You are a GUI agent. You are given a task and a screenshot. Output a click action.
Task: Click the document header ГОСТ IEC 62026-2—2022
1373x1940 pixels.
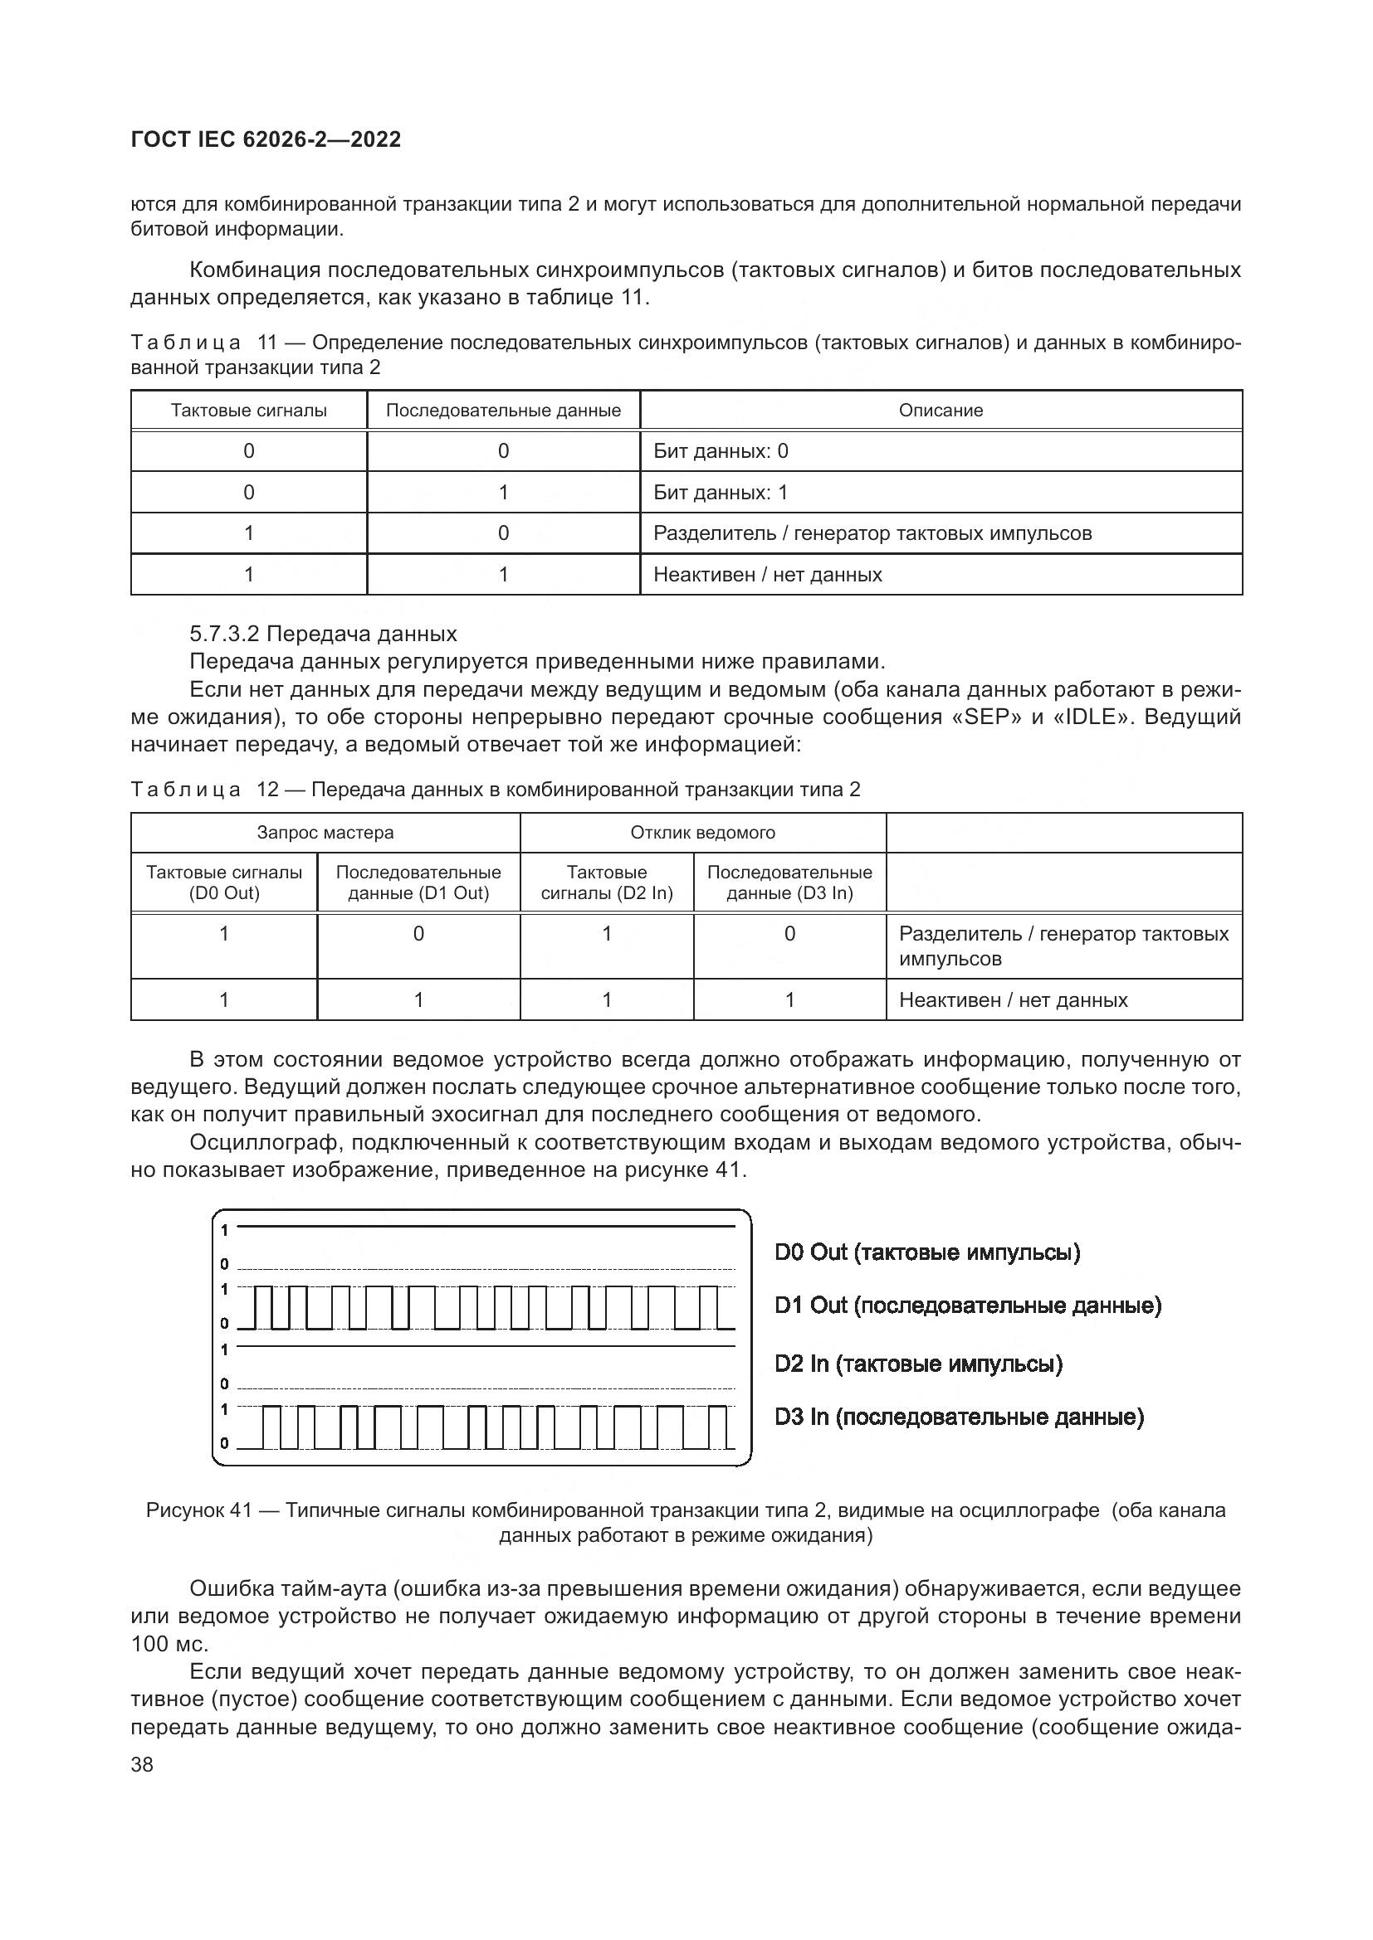[x=266, y=139]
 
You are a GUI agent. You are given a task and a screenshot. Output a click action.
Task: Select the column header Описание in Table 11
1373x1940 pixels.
[x=941, y=411]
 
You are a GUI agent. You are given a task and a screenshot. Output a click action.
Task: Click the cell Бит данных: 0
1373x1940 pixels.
[x=721, y=451]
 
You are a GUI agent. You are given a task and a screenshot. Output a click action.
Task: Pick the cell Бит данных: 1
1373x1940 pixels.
[x=721, y=493]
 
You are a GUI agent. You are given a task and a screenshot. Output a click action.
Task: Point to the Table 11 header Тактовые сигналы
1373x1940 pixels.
[x=248, y=411]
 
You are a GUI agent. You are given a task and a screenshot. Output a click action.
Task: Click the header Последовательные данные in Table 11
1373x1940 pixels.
[x=503, y=411]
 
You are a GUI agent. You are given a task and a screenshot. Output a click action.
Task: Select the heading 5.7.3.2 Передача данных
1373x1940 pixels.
[x=323, y=634]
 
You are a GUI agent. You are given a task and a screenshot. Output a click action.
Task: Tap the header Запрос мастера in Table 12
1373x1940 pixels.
[x=325, y=832]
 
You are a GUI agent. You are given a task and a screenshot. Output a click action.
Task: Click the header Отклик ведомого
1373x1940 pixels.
[x=702, y=832]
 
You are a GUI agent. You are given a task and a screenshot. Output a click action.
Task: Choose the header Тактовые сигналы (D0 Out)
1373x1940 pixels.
[x=224, y=882]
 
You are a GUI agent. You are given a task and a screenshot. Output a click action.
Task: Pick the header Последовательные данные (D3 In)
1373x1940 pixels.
[x=789, y=882]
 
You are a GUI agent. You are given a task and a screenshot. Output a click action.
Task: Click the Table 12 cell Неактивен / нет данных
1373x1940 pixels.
[x=1013, y=1000]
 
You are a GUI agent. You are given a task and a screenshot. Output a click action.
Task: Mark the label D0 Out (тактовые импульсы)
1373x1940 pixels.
[x=927, y=1252]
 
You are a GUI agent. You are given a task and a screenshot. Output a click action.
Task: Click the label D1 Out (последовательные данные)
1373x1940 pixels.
[x=968, y=1305]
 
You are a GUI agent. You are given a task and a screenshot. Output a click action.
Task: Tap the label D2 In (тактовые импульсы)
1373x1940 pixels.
[x=918, y=1364]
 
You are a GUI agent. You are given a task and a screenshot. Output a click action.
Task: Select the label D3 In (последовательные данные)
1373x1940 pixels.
[x=959, y=1417]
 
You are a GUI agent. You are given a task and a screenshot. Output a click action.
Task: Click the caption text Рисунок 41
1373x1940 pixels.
[x=198, y=1510]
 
